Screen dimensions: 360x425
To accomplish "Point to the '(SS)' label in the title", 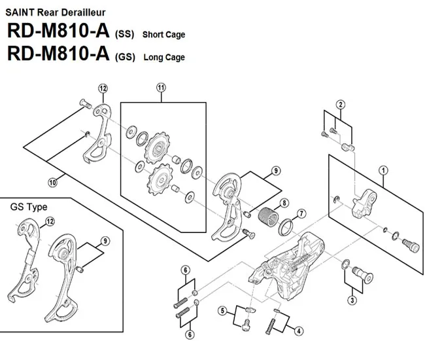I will [x=124, y=34].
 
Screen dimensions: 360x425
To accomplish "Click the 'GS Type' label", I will [x=29, y=207].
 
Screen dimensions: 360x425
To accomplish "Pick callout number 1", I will [x=382, y=170].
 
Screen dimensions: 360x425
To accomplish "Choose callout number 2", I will [x=341, y=105].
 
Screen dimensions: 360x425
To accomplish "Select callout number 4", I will [x=299, y=331].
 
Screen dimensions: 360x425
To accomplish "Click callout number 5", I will [x=222, y=310].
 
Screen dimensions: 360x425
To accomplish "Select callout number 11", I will [x=161, y=88].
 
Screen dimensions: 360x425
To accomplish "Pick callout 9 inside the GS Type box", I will [x=105, y=240].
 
